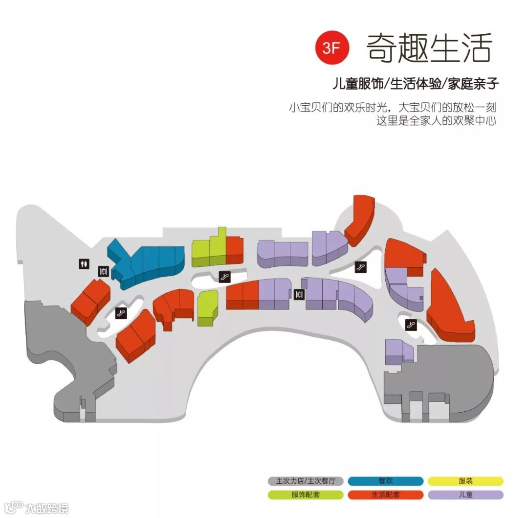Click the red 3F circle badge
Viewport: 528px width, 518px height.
334,47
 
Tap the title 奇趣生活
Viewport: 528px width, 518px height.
429,47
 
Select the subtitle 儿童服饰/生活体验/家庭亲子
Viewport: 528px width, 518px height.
415,84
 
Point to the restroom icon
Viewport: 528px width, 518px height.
84,263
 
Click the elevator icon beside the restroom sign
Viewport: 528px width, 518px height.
103,271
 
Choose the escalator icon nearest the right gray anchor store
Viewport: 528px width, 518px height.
410,324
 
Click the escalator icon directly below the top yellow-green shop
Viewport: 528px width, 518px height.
224,277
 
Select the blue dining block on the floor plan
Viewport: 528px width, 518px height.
147,262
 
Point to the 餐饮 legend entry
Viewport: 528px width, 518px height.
386,481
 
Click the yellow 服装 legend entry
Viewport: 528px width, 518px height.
465,481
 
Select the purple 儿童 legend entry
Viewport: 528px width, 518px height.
465,494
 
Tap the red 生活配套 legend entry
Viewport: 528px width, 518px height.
386,494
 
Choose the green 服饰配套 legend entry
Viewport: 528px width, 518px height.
306,494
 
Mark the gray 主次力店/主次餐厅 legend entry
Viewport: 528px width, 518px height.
306,481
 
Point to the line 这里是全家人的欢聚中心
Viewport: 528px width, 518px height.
436,120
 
